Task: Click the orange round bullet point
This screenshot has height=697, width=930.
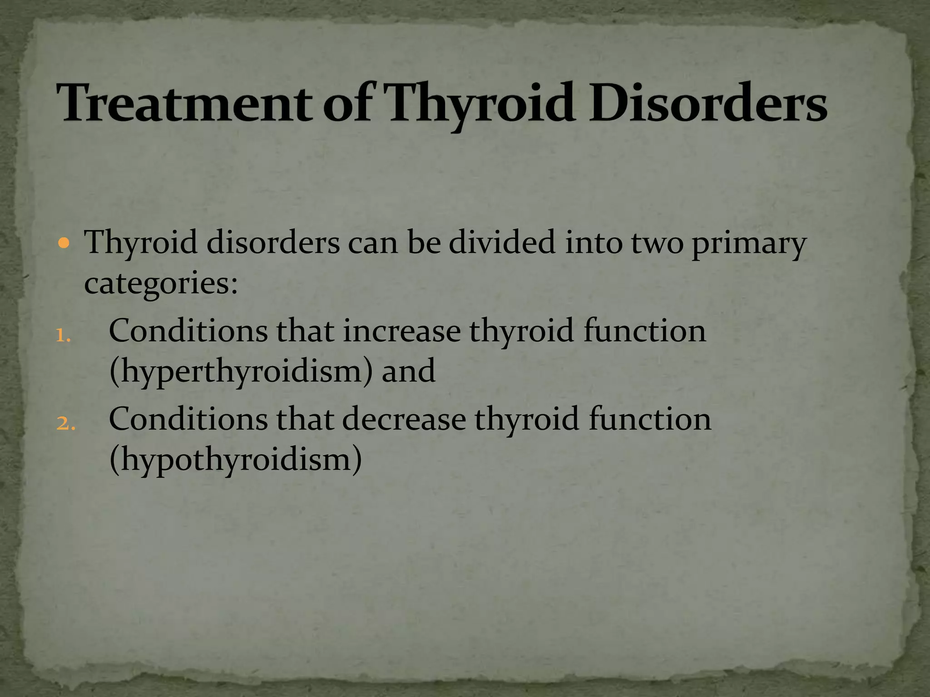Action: [x=64, y=244]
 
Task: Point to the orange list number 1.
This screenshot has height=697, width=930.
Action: [x=63, y=336]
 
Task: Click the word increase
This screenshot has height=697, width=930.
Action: [x=402, y=331]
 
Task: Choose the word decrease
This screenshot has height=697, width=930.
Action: [x=404, y=419]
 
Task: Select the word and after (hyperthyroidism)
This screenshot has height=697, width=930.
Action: [x=408, y=371]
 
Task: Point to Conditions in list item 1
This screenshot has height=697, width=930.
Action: [x=188, y=331]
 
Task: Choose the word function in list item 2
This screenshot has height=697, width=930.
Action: [x=650, y=419]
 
